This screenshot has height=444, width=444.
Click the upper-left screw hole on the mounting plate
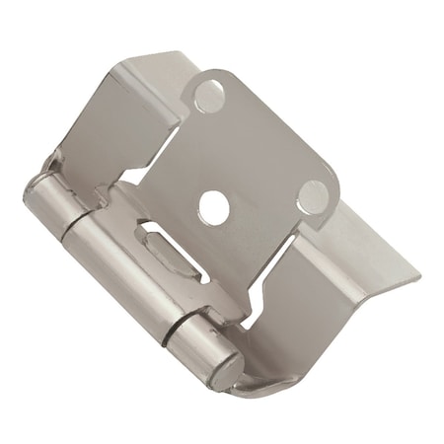pyautogui.click(x=208, y=95)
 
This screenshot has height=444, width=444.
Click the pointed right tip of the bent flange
pyautogui.click(x=419, y=276)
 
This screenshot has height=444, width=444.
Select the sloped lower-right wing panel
pyautogui.click(x=335, y=296)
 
